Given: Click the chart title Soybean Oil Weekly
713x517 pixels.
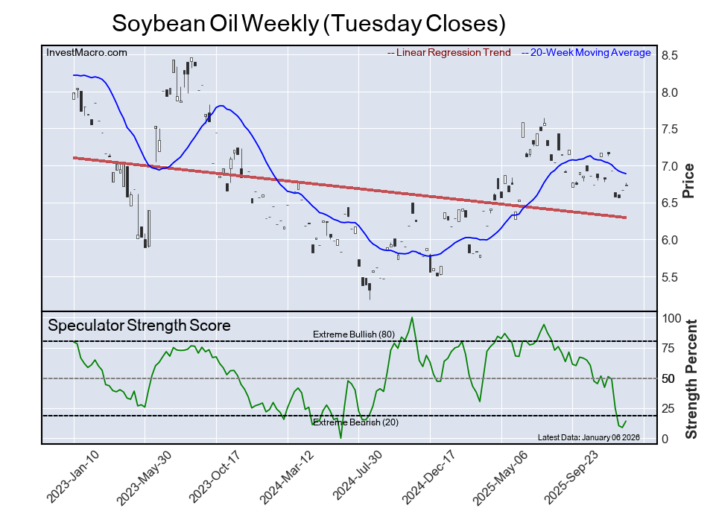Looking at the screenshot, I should click(x=308, y=23).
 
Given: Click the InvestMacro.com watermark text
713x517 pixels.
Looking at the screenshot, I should click(x=86, y=52).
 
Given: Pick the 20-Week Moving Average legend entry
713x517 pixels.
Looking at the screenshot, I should click(x=589, y=53).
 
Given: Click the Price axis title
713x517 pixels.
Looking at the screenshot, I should click(x=689, y=180).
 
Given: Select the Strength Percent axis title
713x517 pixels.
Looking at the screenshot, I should click(x=692, y=379).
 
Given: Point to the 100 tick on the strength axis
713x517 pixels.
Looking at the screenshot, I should click(x=673, y=318).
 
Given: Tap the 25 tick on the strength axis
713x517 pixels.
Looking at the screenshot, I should click(x=670, y=408).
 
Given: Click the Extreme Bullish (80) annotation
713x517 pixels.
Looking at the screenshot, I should click(x=353, y=334).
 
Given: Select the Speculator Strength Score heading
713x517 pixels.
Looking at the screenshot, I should click(x=139, y=326).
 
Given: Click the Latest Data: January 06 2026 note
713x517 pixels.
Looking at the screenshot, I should click(x=588, y=437).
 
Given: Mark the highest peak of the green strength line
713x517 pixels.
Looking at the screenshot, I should click(x=412, y=318).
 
